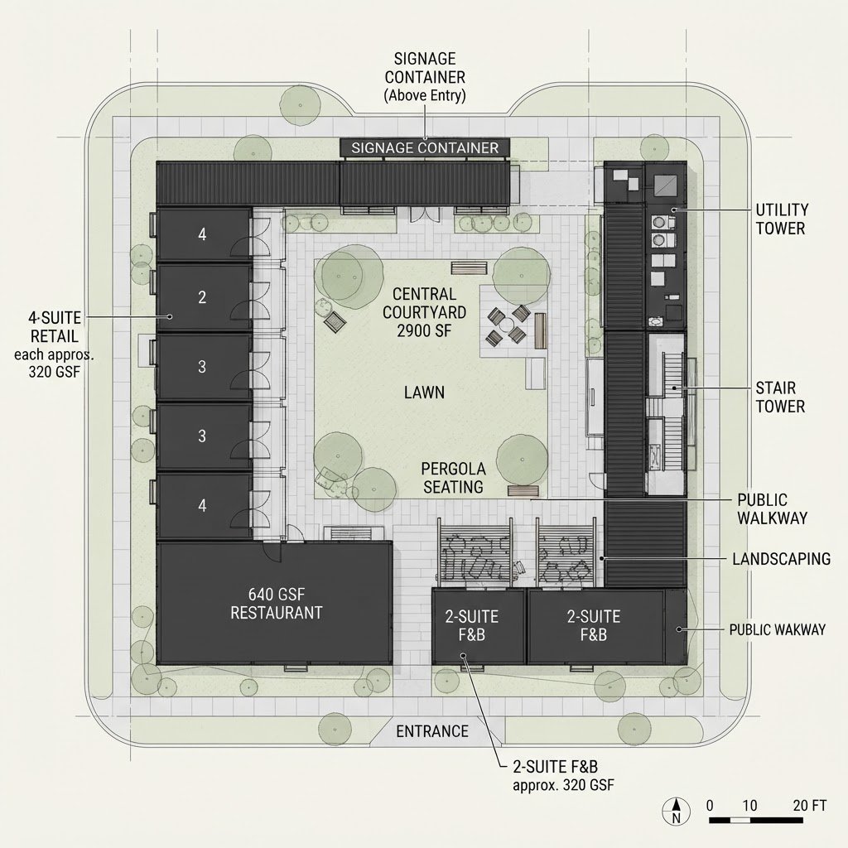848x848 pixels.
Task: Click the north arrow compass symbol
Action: (676, 812)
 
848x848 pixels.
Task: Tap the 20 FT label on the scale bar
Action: (810, 805)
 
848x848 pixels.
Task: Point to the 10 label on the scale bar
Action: (749, 805)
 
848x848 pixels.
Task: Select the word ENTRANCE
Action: (432, 731)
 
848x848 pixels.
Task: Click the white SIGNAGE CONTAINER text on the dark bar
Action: (425, 147)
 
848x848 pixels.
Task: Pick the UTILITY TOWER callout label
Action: (782, 219)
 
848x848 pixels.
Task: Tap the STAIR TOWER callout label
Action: (780, 397)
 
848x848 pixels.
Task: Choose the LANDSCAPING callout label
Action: (782, 559)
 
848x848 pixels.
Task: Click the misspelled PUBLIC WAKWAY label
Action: (777, 629)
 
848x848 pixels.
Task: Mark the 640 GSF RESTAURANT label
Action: (277, 604)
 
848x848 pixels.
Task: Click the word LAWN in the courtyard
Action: (425, 392)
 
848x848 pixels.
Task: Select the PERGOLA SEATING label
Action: (453, 478)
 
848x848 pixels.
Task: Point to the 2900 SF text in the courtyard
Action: (424, 330)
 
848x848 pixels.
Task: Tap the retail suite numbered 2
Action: (204, 297)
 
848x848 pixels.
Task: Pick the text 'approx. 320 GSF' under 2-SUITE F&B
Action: (563, 785)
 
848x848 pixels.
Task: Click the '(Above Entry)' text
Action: (425, 95)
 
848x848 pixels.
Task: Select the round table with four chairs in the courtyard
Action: (508, 326)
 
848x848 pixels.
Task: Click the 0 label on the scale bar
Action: (710, 805)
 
